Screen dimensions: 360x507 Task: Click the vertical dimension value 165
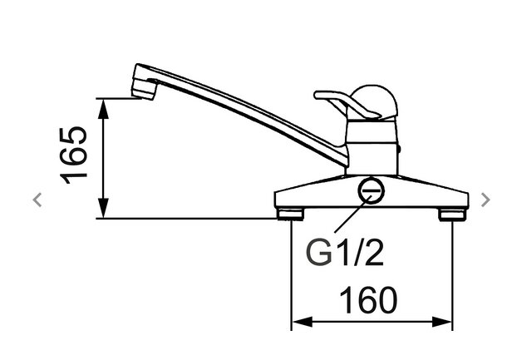tap(76, 155)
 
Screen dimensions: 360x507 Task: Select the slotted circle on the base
tap(371, 192)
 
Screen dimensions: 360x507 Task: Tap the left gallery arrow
tap(36, 199)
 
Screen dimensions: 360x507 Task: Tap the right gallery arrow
tap(485, 199)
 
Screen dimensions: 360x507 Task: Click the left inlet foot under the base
tap(290, 215)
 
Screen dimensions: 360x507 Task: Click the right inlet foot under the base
tap(450, 215)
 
